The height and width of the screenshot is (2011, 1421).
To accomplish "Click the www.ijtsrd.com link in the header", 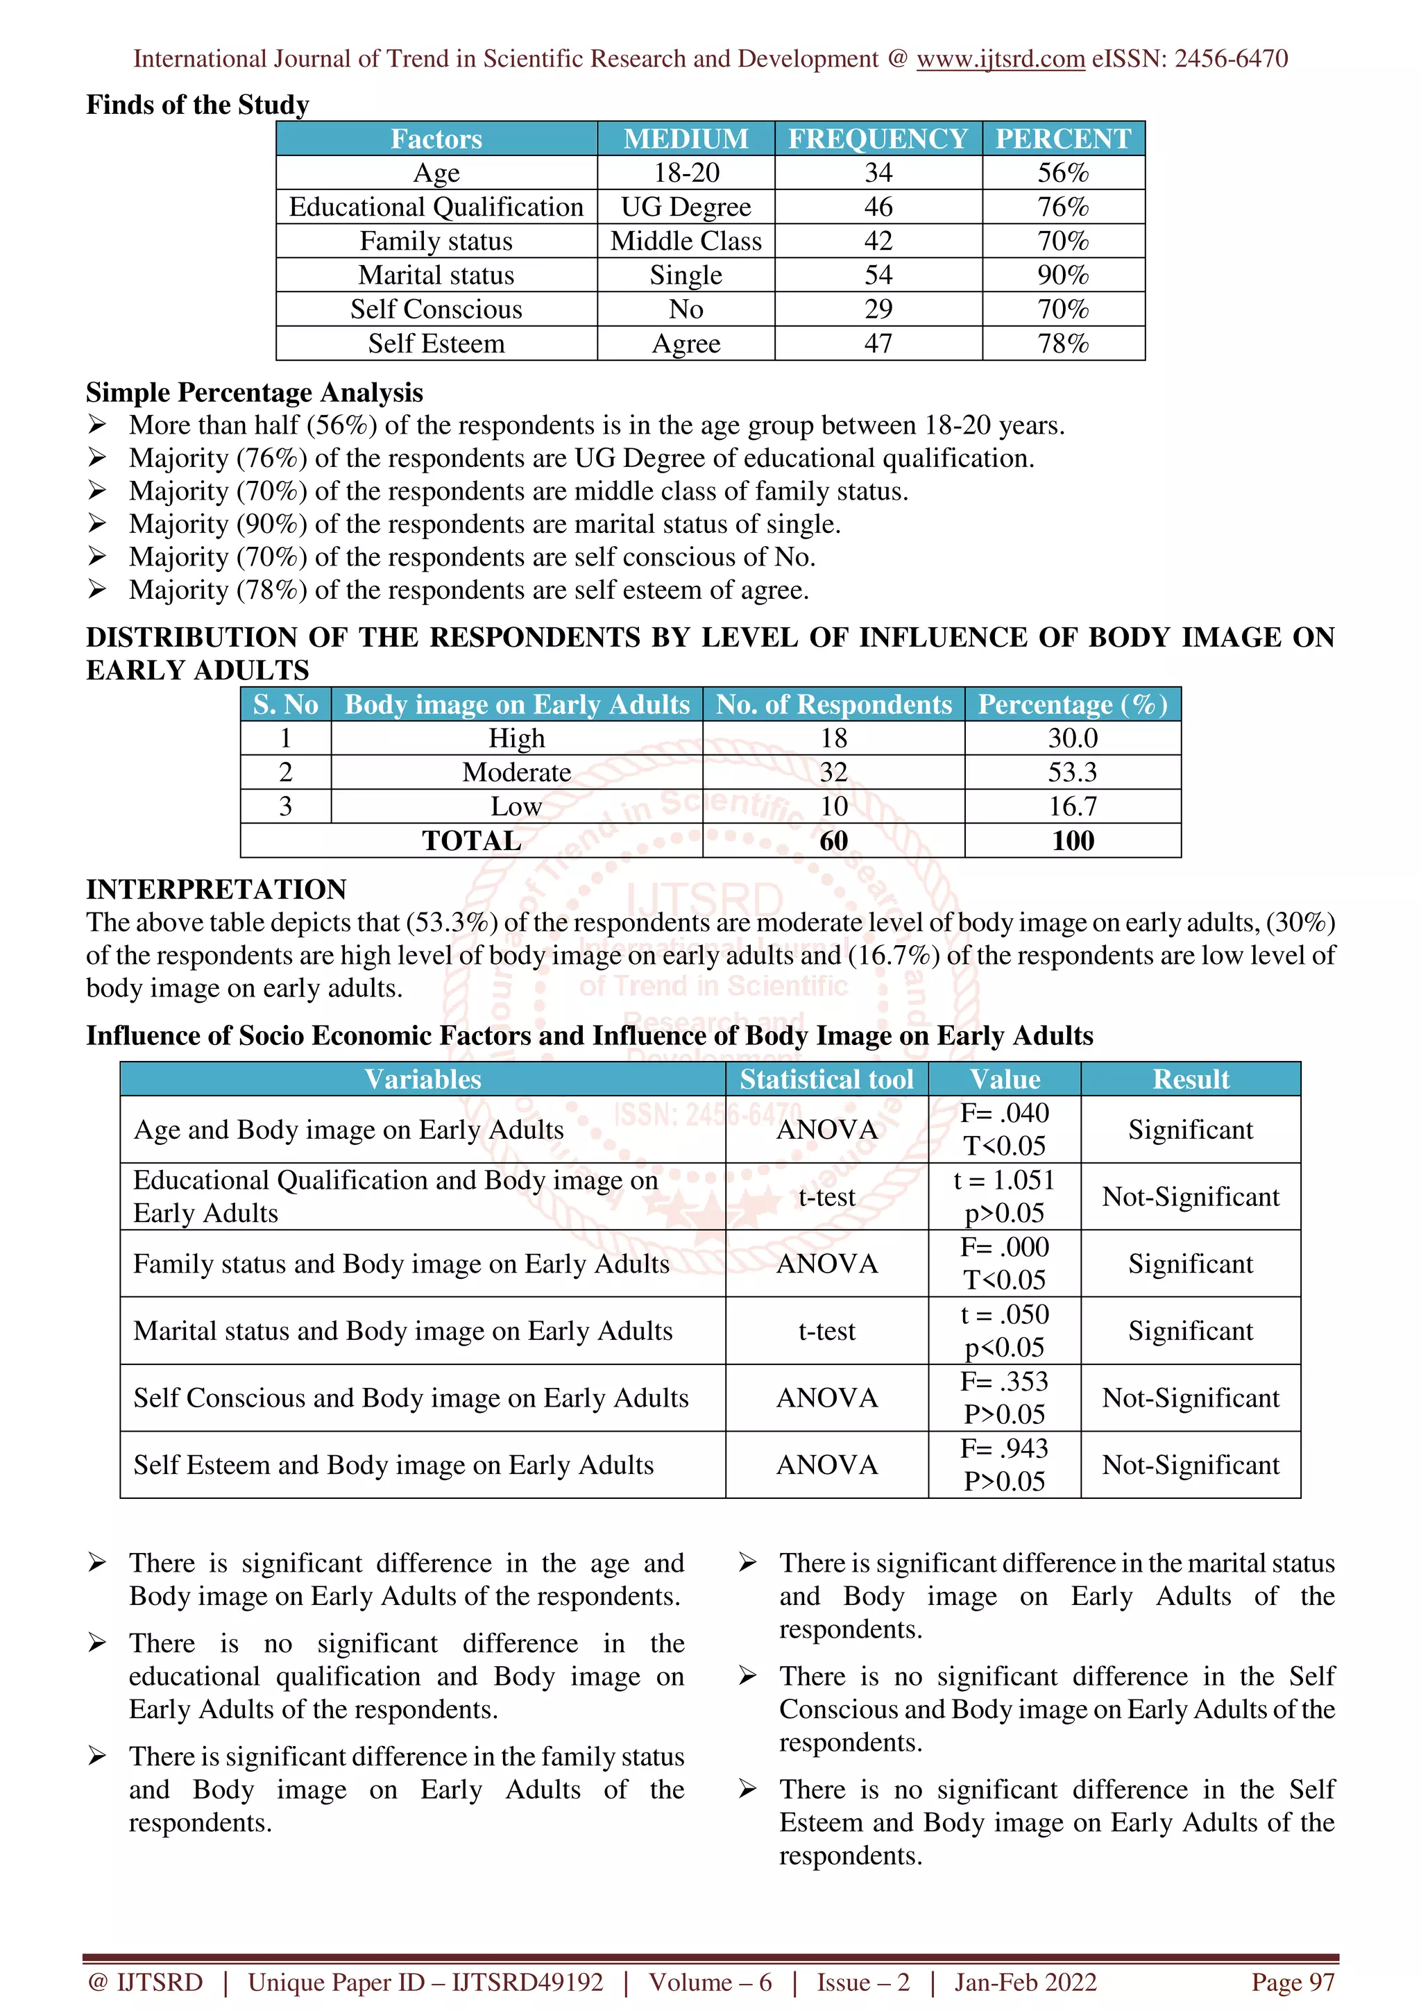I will click(1000, 59).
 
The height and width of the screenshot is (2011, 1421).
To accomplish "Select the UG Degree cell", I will click(686, 207).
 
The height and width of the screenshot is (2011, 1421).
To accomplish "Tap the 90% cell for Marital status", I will click(1063, 275).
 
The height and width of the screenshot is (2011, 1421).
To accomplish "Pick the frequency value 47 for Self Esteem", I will click(878, 343).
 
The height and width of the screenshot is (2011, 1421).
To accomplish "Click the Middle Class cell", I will click(686, 241).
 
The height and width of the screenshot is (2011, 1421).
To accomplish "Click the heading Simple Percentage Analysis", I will click(254, 392).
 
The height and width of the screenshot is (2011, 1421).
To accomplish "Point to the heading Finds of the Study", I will click(197, 105).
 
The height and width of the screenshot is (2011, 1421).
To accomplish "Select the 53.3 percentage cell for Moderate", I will click(1073, 772).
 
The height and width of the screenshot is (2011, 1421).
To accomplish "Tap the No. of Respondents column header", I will click(833, 705).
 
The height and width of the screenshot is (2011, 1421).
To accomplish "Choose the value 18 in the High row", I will click(833, 738).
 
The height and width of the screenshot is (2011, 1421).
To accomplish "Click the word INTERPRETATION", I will click(216, 889).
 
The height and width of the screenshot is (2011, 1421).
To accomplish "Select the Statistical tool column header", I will click(826, 1079).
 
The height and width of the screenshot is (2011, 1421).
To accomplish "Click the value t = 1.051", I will click(1004, 1180).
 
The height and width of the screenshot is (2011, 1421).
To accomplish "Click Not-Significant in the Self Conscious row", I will click(1190, 1398).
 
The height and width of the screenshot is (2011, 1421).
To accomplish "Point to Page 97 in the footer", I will click(1293, 1982).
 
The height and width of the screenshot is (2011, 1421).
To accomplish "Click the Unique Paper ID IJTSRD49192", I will click(425, 1982).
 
